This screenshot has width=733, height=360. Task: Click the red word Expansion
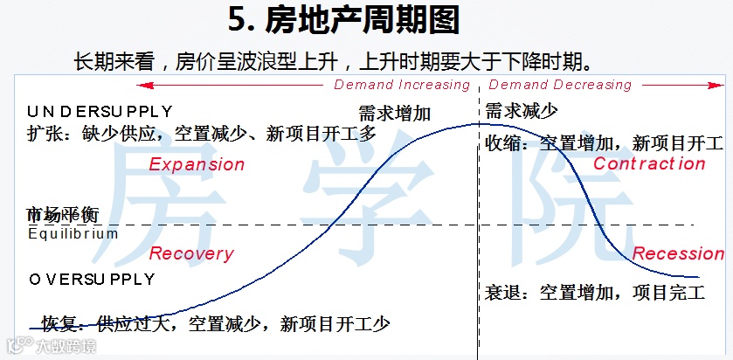pyautogui.click(x=197, y=164)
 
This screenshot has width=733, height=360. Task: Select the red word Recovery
pyautogui.click(x=191, y=254)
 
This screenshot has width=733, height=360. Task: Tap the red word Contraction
pyautogui.click(x=649, y=164)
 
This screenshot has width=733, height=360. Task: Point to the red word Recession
pyautogui.click(x=678, y=254)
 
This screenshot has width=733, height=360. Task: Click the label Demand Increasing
pyautogui.click(x=402, y=85)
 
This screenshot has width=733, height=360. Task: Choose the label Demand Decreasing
pyautogui.click(x=560, y=85)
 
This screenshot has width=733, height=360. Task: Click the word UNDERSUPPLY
pyautogui.click(x=100, y=111)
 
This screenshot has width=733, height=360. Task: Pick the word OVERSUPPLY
pyautogui.click(x=92, y=280)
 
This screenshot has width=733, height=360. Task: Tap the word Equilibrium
pyautogui.click(x=73, y=233)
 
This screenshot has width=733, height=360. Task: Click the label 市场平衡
pyautogui.click(x=62, y=215)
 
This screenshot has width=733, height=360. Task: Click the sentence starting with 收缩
pyautogui.click(x=604, y=142)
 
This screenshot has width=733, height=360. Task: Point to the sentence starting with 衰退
pyautogui.click(x=594, y=292)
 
